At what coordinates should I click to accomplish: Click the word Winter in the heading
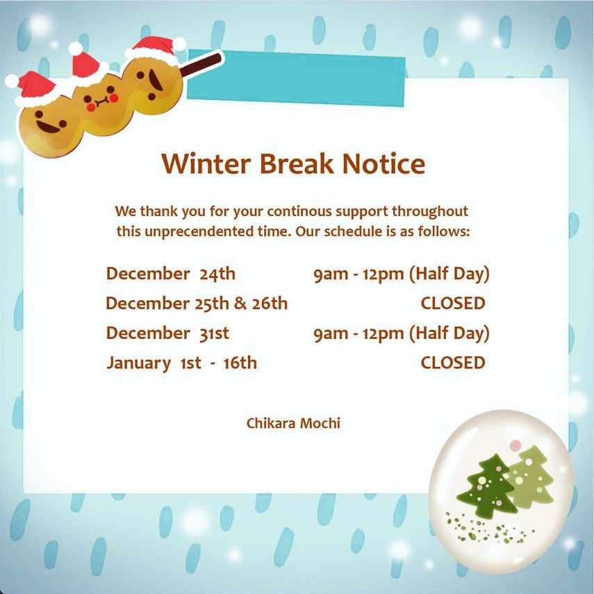point(206,164)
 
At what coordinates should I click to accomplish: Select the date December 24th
point(170,274)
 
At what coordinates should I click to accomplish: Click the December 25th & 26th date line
point(197,303)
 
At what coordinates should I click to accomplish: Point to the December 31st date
point(167,333)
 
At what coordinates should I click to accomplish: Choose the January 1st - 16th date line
point(181,363)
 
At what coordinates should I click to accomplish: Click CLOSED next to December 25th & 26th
point(453,303)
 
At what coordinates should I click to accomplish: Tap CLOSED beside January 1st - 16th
point(453,363)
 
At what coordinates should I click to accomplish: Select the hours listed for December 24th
point(402,274)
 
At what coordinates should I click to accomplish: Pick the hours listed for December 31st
point(402,333)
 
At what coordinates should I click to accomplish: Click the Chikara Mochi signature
point(293,423)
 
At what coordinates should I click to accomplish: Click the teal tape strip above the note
point(296,78)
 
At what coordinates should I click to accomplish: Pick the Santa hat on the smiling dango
point(33,89)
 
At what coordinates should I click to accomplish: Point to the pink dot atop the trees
point(515,445)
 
